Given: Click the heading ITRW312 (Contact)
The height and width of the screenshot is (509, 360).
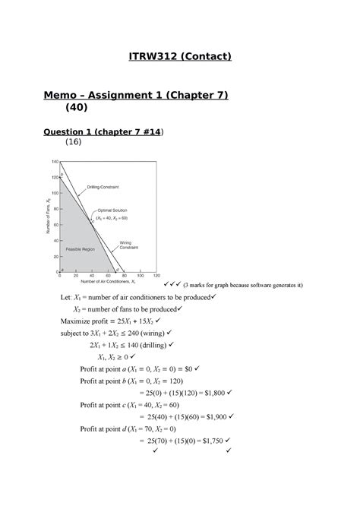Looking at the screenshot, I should click(x=179, y=55).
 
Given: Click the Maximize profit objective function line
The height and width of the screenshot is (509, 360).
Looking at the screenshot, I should click(x=115, y=321).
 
